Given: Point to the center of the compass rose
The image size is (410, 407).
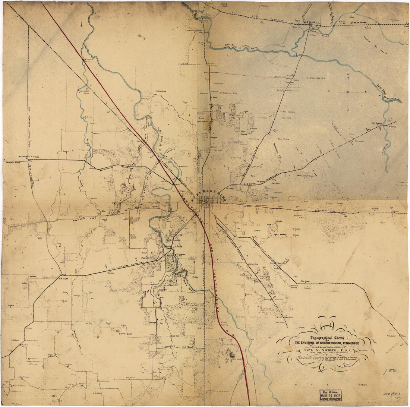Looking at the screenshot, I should point(348,92).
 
